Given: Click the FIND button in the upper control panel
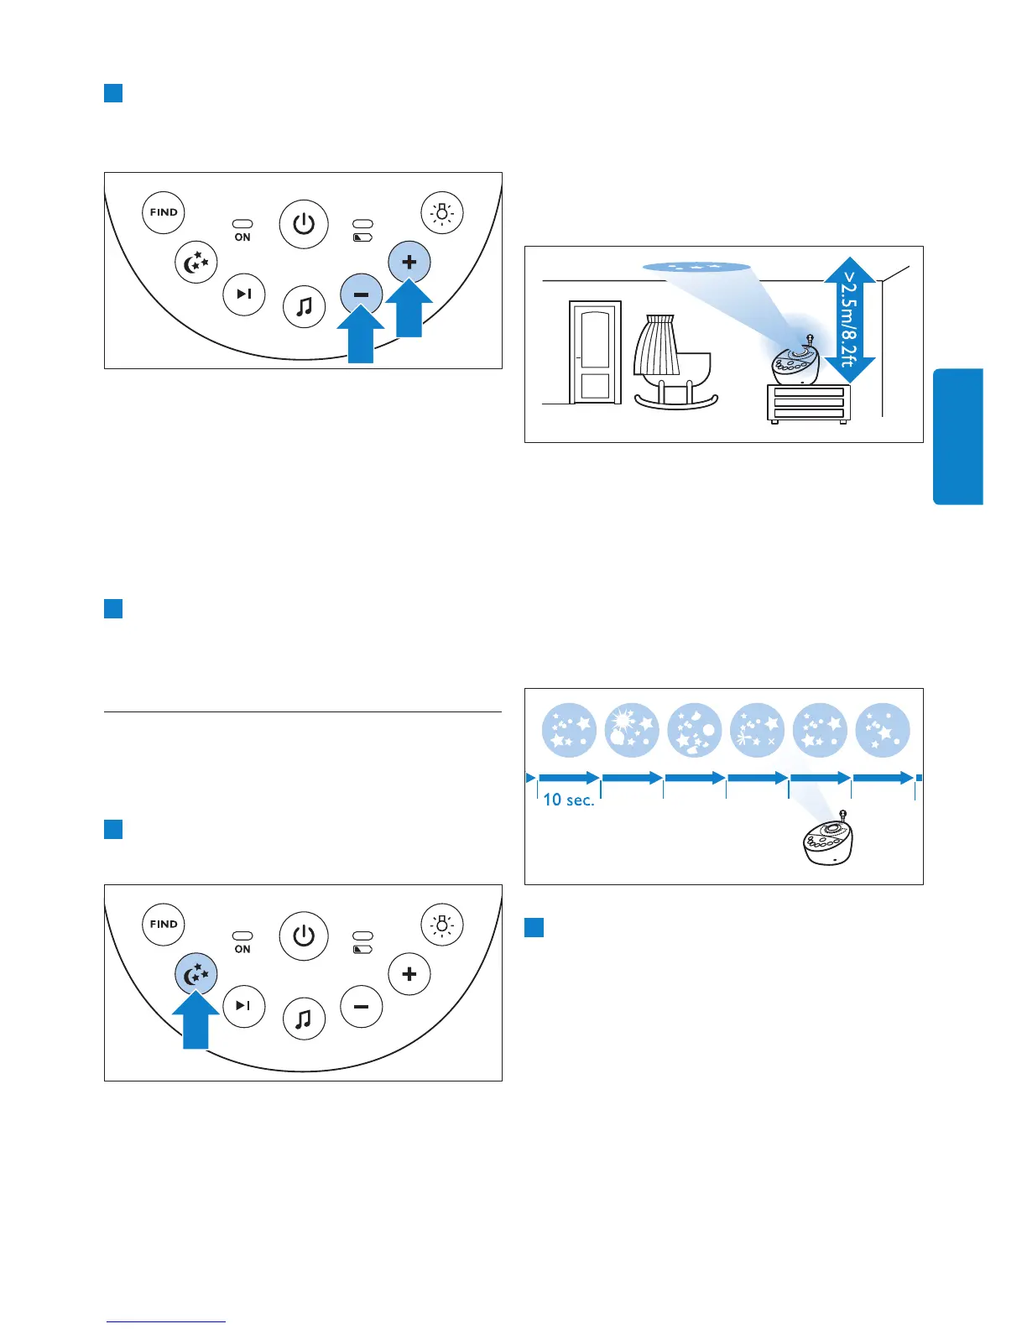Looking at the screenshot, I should pos(164,212).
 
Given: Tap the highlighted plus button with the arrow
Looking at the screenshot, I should pos(409,262).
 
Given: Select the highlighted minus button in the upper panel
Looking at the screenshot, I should pos(362,295).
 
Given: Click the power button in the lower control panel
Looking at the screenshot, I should pos(304,936).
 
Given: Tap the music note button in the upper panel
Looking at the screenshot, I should pos(304,306).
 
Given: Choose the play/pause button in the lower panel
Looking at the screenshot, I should pos(244,1006).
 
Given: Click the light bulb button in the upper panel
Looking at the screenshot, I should pos(442,212).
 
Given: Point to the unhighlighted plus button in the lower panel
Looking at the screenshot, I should pos(409,974).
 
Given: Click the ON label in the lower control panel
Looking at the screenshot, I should pos(242,949).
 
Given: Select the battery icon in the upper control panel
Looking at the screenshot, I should pos(362,237).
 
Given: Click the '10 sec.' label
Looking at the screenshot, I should pos(568,800).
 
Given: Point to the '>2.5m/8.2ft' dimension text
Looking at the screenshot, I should pos(849,319).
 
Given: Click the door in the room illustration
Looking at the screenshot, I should pos(595,352).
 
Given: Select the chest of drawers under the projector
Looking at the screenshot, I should pos(808,404).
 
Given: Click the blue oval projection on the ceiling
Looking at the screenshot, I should pos(696,267).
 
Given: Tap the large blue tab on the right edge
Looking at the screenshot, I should pos(957,436).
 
